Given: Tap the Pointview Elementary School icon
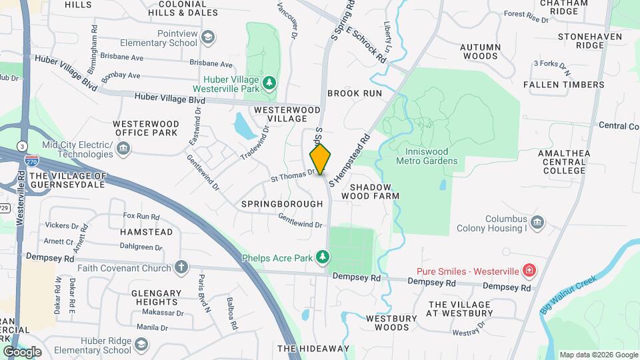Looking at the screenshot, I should (x=208, y=37).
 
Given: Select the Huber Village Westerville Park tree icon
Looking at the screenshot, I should (x=269, y=83).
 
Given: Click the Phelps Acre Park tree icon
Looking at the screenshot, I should (x=323, y=257).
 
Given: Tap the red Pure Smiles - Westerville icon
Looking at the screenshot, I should (x=529, y=271).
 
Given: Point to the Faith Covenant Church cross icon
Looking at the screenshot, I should (x=181, y=268).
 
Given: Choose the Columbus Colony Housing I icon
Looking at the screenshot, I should (x=537, y=222).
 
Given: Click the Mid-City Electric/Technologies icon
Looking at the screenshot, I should (x=123, y=149).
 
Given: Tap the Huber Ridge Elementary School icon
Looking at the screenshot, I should (x=141, y=345).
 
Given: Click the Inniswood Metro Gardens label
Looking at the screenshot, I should (x=427, y=156).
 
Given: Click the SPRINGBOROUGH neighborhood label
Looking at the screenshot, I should (x=272, y=203).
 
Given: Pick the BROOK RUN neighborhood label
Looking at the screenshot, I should (x=355, y=93).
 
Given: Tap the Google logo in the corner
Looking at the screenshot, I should (x=22, y=351).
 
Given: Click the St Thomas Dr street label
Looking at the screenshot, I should (x=292, y=176).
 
